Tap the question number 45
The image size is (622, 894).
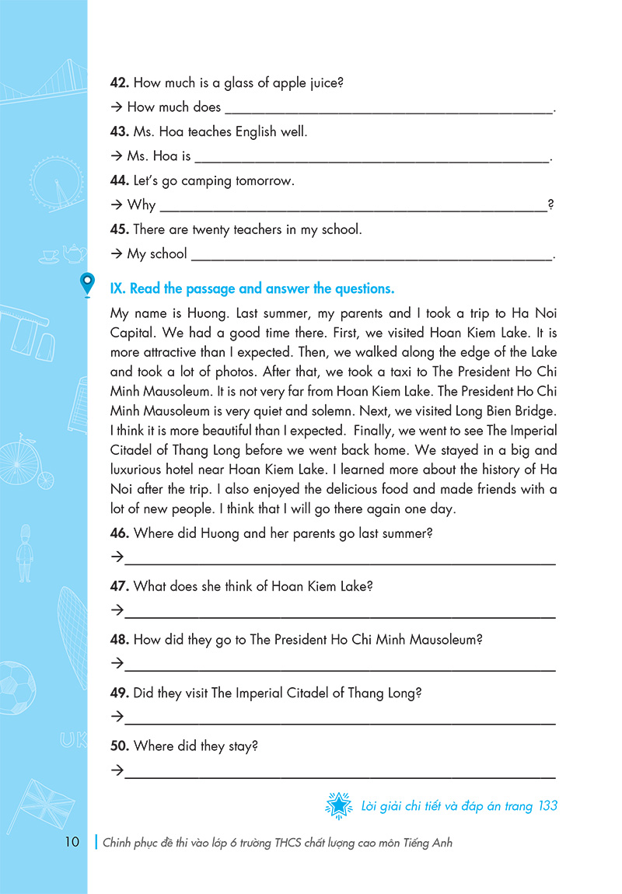[121, 229]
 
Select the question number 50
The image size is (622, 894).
[121, 746]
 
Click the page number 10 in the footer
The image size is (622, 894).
[71, 843]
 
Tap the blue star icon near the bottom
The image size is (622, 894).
[338, 807]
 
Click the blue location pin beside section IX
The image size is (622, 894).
[88, 285]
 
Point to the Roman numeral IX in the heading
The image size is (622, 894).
[117, 288]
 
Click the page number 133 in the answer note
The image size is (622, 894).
[547, 806]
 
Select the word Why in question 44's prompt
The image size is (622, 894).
[142, 205]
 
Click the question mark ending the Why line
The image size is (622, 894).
[550, 205]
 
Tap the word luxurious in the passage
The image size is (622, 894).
[145, 470]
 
